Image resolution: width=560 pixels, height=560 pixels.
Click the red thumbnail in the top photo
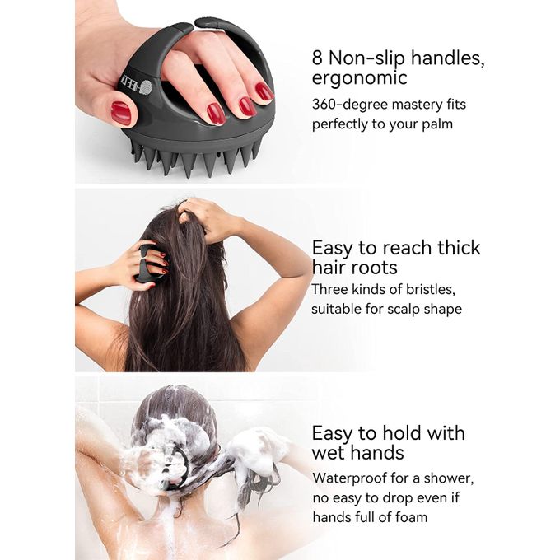pos(121,113)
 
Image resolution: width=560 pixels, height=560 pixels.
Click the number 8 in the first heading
pos(317,58)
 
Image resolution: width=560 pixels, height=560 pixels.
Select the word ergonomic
pos(359,78)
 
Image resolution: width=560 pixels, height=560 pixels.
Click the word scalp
pos(404,310)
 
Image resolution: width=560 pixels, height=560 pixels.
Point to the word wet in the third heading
pos(329,453)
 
